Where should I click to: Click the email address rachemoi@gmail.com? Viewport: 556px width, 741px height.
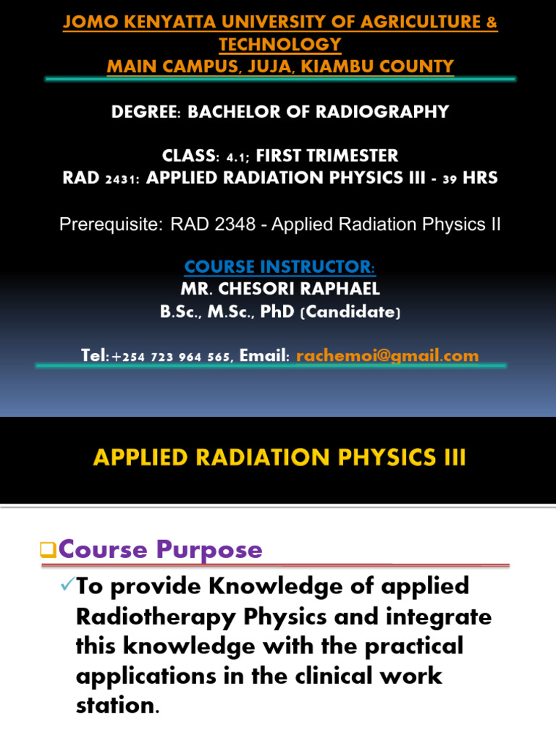[387, 355]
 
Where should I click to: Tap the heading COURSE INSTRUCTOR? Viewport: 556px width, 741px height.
[279, 267]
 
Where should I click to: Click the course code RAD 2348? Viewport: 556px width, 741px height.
[213, 224]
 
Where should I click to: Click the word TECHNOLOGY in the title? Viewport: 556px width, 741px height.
[279, 44]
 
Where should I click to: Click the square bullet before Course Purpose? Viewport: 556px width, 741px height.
[49, 551]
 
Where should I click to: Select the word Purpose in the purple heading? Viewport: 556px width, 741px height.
[213, 550]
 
